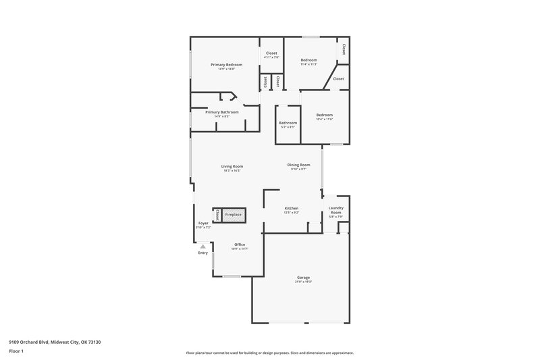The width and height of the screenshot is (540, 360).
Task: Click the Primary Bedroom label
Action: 226,65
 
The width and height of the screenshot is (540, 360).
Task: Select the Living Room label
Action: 232,166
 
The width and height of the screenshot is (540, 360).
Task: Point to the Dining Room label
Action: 298,165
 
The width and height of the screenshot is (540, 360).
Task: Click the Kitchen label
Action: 292,208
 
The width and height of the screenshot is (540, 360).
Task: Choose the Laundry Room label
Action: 335,210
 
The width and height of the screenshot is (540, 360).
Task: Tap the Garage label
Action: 304,278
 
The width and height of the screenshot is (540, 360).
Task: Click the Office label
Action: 240,245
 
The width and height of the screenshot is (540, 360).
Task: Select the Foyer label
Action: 203,223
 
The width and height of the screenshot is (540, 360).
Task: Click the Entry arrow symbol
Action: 202,247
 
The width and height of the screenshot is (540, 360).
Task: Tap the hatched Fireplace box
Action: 233,215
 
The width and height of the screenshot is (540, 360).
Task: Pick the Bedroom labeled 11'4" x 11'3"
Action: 308,60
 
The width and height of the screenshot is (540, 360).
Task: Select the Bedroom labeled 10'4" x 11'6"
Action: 325,115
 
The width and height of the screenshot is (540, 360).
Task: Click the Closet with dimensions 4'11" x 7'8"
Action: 271,53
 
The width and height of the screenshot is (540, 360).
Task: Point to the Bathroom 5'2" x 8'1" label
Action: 288,123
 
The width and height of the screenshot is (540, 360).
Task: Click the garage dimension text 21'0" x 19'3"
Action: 304,282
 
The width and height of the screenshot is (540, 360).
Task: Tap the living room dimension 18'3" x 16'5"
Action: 232,171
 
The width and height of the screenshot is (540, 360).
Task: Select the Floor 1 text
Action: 16,352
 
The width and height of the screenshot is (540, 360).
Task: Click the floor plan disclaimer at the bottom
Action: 269,353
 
